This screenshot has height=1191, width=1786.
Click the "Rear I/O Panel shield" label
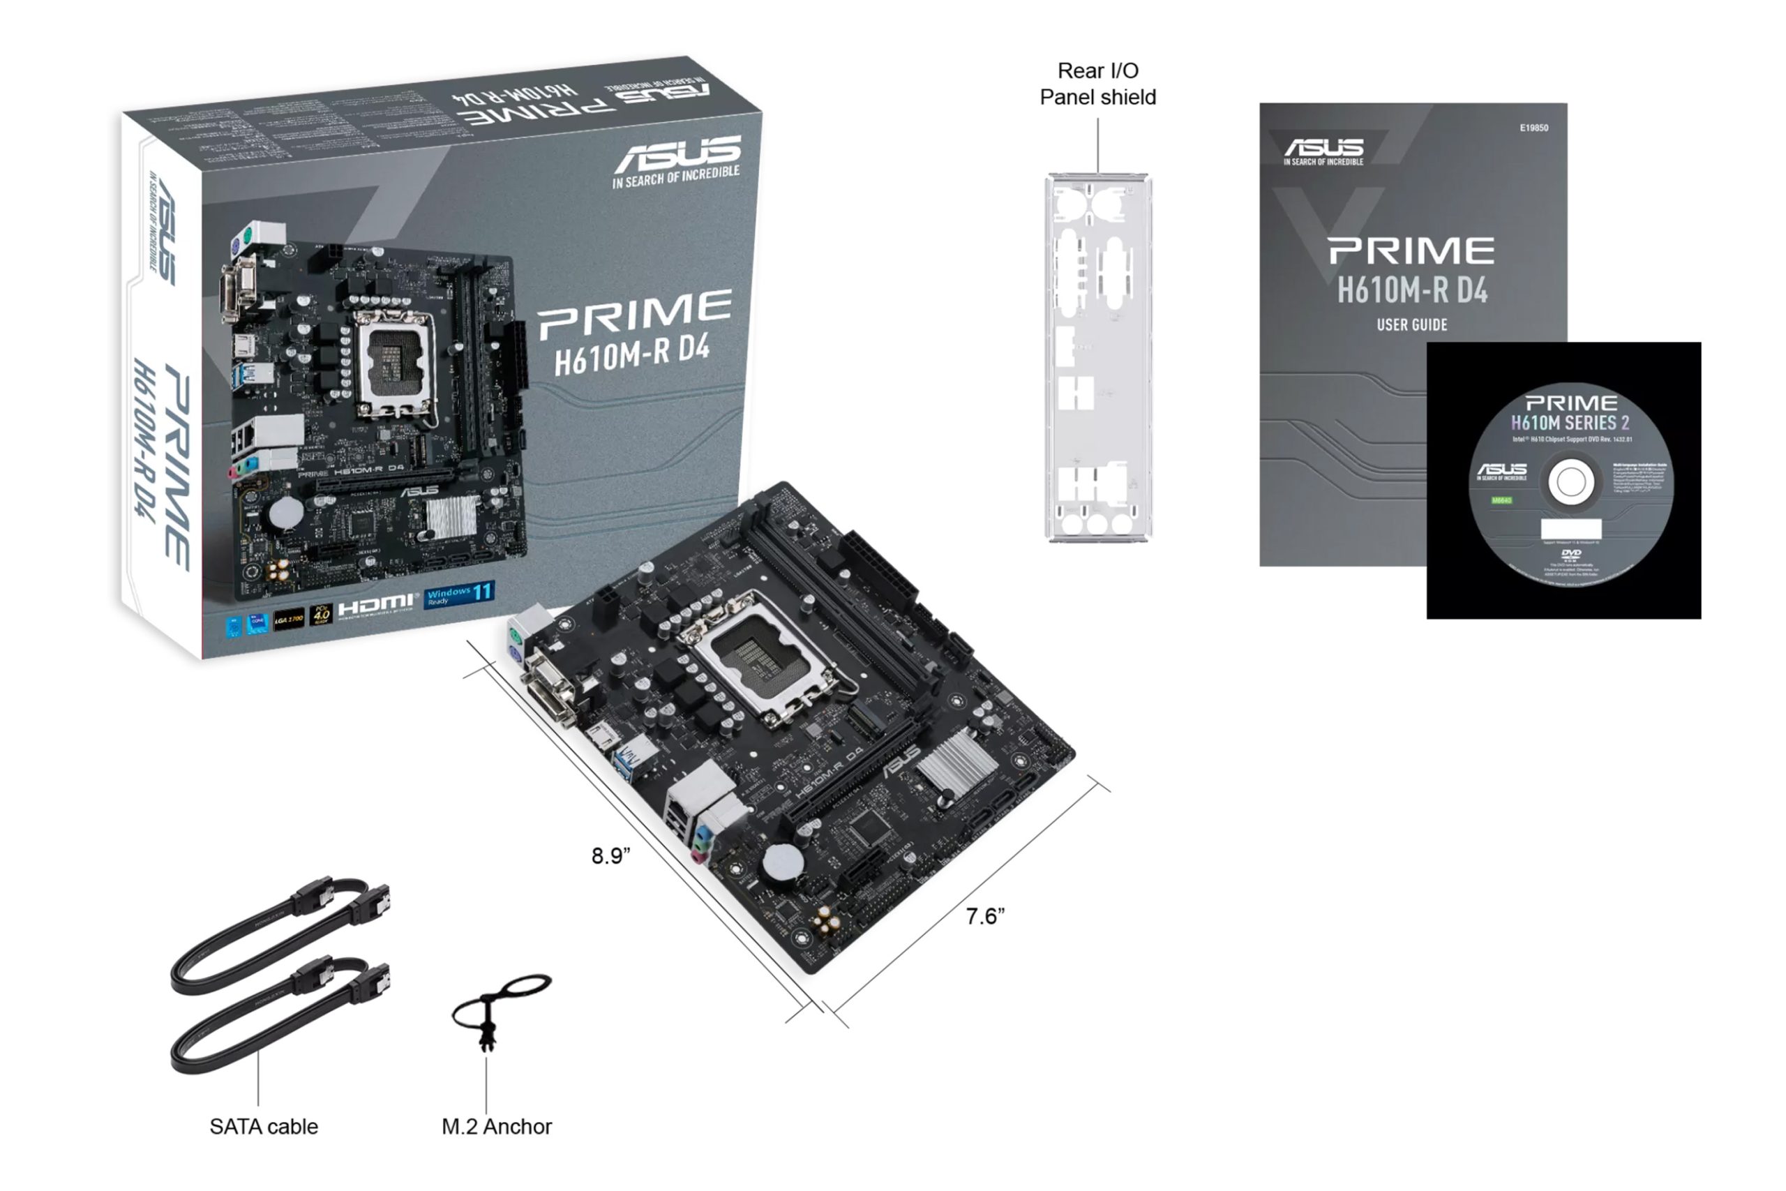point(1097,84)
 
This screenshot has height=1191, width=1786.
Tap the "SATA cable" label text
point(264,1125)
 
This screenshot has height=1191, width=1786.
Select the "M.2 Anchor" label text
point(497,1125)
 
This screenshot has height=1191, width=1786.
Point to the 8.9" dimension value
point(610,856)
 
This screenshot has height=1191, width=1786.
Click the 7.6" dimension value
point(985,917)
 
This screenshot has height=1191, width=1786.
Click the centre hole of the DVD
point(1570,481)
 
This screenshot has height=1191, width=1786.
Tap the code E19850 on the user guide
point(1533,128)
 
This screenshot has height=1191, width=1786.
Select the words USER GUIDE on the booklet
point(1411,325)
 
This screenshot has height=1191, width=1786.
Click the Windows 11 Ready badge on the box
point(460,594)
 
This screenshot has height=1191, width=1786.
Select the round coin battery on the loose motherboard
point(782,864)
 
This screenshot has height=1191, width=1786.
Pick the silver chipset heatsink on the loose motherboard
point(956,763)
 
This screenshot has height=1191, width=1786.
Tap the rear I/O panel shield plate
point(1097,357)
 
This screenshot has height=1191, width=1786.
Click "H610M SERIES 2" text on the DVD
point(1570,422)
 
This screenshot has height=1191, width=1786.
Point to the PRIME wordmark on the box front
point(635,315)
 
